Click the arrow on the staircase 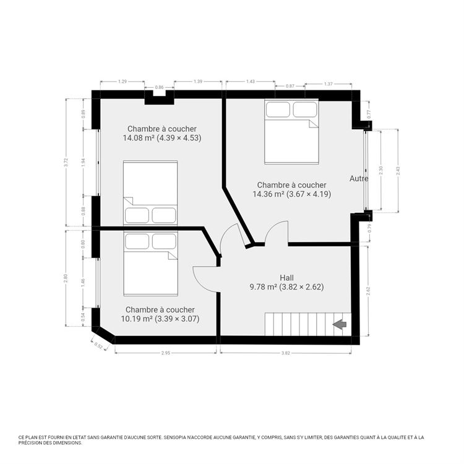[339, 324]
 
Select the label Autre [359, 178]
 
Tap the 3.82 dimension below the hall [286, 352]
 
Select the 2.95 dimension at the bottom [166, 352]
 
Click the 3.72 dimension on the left [67, 162]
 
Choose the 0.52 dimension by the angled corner [99, 346]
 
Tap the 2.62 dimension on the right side [368, 291]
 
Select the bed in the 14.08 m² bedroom [150, 192]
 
